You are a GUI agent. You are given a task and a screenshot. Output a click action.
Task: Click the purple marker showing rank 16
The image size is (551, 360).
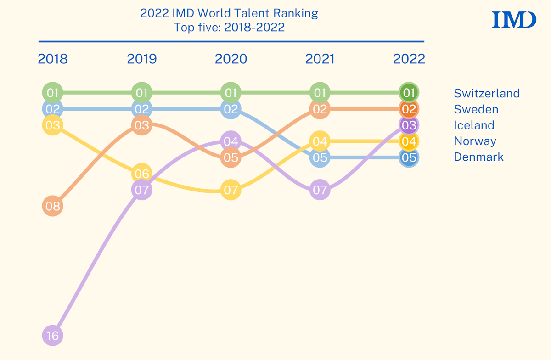[53, 336]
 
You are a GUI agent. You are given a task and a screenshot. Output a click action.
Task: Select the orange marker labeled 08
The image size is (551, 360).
[53, 206]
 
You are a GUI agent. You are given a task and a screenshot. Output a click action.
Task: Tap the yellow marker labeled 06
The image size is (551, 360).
[141, 174]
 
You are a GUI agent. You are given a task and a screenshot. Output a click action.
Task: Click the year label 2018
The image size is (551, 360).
[53, 59]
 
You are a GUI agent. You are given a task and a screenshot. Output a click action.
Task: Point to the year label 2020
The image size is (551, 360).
[231, 59]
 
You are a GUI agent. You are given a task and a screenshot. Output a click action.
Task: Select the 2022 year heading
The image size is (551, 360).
[409, 59]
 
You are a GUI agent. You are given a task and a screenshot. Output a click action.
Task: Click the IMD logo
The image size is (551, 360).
[514, 20]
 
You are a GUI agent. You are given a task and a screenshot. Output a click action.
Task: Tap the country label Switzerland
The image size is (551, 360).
[487, 93]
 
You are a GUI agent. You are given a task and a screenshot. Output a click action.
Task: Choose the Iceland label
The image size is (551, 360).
[474, 125]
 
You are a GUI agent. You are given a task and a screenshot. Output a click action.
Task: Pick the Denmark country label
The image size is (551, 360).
[478, 157]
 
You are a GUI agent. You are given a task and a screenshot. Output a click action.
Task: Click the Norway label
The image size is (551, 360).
[475, 141]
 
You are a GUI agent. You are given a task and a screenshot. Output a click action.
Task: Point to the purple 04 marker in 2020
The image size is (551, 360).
[231, 141]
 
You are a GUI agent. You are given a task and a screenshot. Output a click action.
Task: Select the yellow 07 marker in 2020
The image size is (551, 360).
[231, 190]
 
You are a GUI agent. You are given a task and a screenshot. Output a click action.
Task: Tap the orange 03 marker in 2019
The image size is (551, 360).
[141, 125]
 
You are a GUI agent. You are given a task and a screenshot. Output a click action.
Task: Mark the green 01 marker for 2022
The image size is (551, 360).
[409, 93]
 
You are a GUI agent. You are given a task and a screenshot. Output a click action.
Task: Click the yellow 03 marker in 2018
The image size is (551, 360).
[53, 125]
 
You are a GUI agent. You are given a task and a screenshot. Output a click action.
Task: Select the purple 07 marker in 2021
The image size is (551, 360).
[320, 190]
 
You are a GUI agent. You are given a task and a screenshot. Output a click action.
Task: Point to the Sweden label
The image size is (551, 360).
[476, 109]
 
